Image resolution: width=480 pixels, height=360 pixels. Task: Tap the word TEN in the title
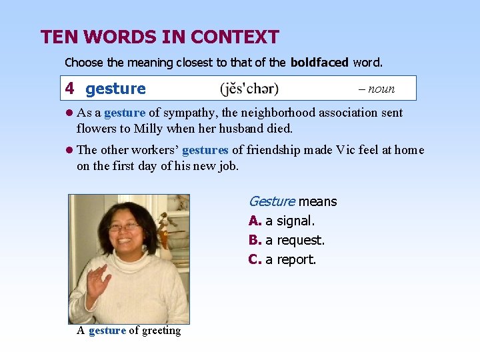pyautogui.click(x=57, y=37)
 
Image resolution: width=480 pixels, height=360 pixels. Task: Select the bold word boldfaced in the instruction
pyautogui.click(x=319, y=63)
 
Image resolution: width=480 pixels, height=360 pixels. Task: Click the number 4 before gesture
pyautogui.click(x=69, y=88)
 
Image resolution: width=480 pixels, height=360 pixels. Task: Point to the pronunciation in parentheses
pyautogui.click(x=249, y=89)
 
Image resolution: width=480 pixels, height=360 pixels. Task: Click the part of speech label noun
pyautogui.click(x=381, y=89)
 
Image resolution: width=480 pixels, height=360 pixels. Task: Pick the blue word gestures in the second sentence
pyautogui.click(x=205, y=150)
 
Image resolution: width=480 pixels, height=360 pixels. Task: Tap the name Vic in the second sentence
pyautogui.click(x=351, y=150)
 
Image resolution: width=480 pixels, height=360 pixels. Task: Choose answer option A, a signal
pyautogui.click(x=281, y=221)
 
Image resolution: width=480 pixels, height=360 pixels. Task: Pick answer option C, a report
pyautogui.click(x=283, y=259)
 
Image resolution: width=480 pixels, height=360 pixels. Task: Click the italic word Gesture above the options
pyautogui.click(x=271, y=201)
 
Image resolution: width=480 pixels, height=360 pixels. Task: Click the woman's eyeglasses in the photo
pyautogui.click(x=125, y=227)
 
